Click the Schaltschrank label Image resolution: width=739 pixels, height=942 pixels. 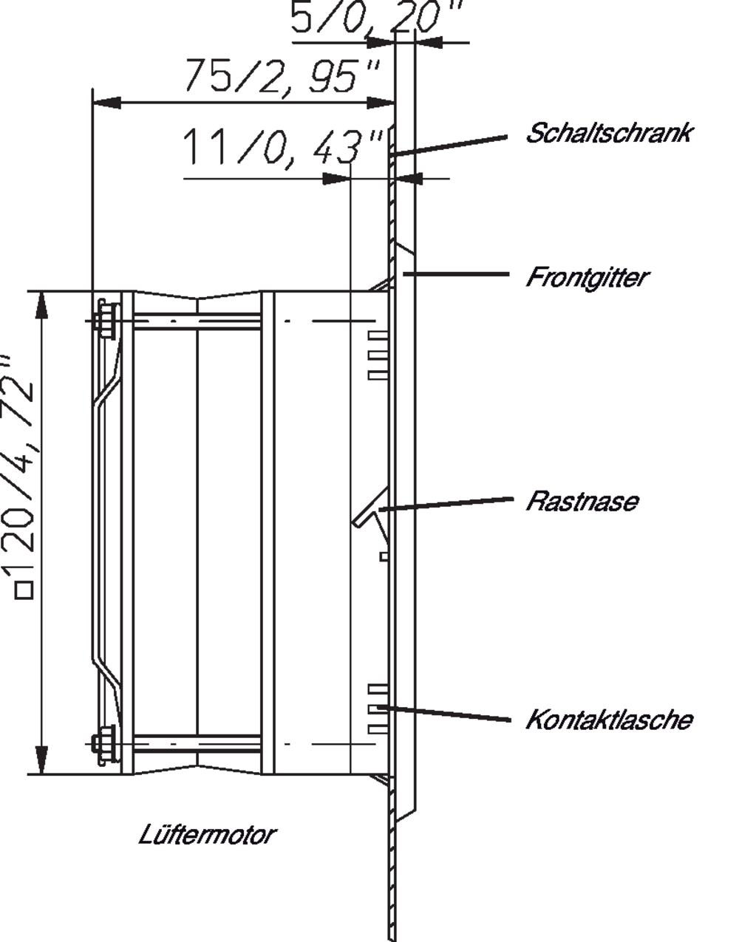coord(608,132)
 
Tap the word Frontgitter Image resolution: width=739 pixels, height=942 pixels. coord(588,278)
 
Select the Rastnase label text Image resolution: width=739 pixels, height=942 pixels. coord(582,501)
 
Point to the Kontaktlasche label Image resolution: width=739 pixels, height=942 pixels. coord(609,720)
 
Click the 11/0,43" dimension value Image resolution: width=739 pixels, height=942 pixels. coord(284,147)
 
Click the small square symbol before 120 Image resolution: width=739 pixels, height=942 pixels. coord(24,591)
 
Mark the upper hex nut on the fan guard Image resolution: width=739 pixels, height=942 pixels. coord(108,320)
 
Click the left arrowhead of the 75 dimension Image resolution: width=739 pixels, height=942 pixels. coord(106,103)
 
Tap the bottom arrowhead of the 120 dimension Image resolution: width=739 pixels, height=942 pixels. coord(41,760)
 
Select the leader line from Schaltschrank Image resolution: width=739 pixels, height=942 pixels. coord(449,146)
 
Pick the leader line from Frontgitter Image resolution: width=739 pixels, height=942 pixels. coord(455,274)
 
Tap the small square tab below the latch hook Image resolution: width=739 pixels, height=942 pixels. coord(384,556)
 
